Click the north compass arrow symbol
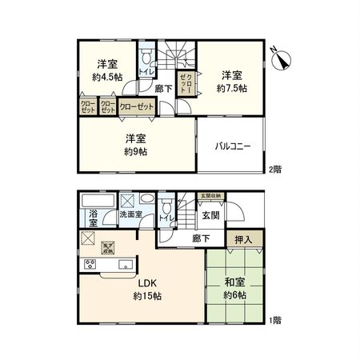click(x=281, y=55)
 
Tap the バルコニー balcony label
click(x=234, y=146)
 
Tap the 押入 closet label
click(x=246, y=239)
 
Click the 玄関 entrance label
click(x=210, y=215)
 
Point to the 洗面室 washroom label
click(x=130, y=214)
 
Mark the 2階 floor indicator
click(x=274, y=170)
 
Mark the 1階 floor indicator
click(x=274, y=319)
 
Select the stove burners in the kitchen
click(x=88, y=265)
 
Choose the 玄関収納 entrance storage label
click(x=211, y=195)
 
